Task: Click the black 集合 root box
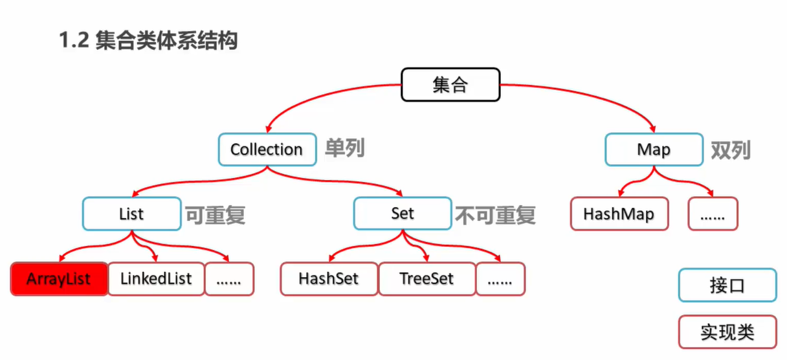click(450, 84)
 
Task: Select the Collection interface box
click(266, 150)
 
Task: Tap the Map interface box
click(654, 150)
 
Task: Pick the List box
click(131, 214)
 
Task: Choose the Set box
click(402, 214)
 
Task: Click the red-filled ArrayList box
click(59, 279)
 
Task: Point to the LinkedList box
click(156, 279)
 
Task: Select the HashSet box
click(329, 279)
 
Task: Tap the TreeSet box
click(427, 279)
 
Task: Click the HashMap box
click(619, 214)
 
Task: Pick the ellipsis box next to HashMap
click(713, 214)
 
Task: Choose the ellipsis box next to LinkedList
click(229, 279)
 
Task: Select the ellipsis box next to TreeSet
click(500, 279)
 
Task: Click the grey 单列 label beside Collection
click(344, 148)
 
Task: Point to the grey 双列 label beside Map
click(730, 150)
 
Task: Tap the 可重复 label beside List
click(216, 214)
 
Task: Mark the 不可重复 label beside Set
click(496, 214)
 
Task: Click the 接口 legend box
click(727, 286)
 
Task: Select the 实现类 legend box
click(727, 332)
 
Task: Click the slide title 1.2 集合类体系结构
click(148, 41)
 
